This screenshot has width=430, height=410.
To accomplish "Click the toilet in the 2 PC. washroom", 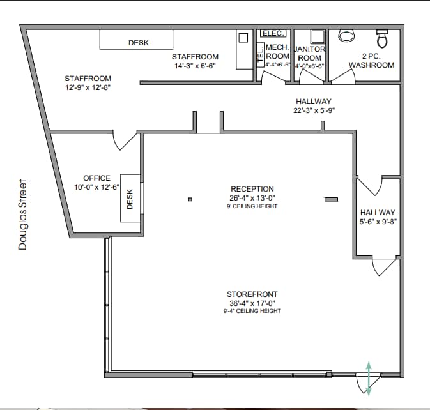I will pyautogui.click(x=383, y=38).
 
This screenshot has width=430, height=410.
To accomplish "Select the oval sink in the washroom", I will pyautogui.click(x=346, y=35).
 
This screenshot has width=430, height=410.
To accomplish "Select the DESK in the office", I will pyautogui.click(x=130, y=198).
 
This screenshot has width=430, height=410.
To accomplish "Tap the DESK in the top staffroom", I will pyautogui.click(x=136, y=40).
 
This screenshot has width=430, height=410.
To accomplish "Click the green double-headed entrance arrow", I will pyautogui.click(x=368, y=377).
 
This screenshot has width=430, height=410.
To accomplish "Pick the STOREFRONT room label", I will pyautogui.click(x=254, y=294).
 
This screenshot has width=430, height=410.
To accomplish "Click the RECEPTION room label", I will pyautogui.click(x=252, y=189).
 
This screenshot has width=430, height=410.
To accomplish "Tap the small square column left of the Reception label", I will pyautogui.click(x=190, y=200).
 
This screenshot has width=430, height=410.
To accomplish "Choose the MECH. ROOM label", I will pyautogui.click(x=278, y=52).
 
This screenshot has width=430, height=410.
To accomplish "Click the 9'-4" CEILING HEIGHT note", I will pyautogui.click(x=254, y=311).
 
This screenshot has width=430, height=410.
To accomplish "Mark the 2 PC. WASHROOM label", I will pyautogui.click(x=371, y=61).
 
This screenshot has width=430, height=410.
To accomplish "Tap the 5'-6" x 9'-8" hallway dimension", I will pyautogui.click(x=378, y=222).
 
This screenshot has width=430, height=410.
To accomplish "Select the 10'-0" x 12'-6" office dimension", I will pyautogui.click(x=97, y=187).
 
